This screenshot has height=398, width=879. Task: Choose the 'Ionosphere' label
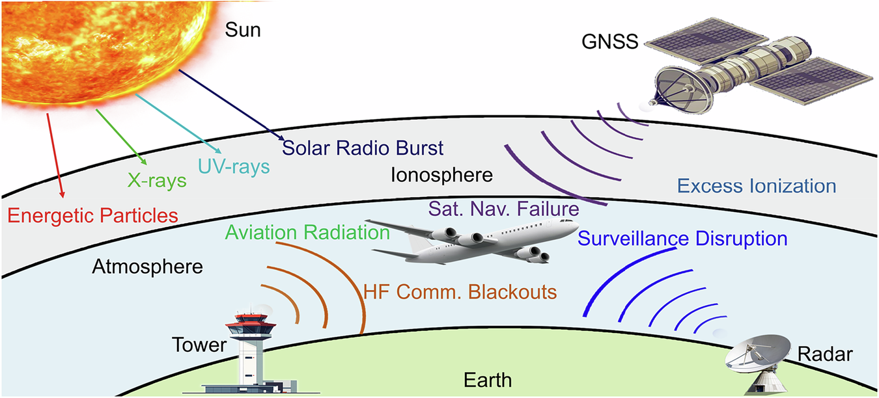[x=442, y=175]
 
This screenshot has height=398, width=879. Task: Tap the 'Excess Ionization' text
[x=756, y=186]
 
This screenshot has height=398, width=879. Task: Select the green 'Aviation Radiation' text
[x=308, y=232]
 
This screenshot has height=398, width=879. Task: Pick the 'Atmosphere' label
[x=148, y=267]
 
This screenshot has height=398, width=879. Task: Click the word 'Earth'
[x=488, y=380]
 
